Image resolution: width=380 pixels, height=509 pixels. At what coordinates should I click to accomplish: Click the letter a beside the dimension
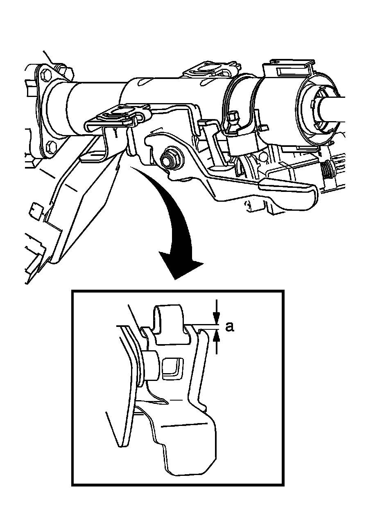[230, 327]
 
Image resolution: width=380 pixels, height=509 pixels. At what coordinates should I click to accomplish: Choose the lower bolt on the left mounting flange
[50, 146]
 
